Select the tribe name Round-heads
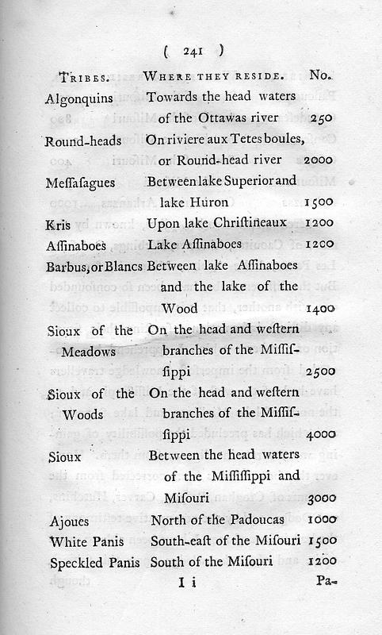coord(83,139)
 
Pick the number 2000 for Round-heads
coord(318,160)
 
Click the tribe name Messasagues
coord(82,181)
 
